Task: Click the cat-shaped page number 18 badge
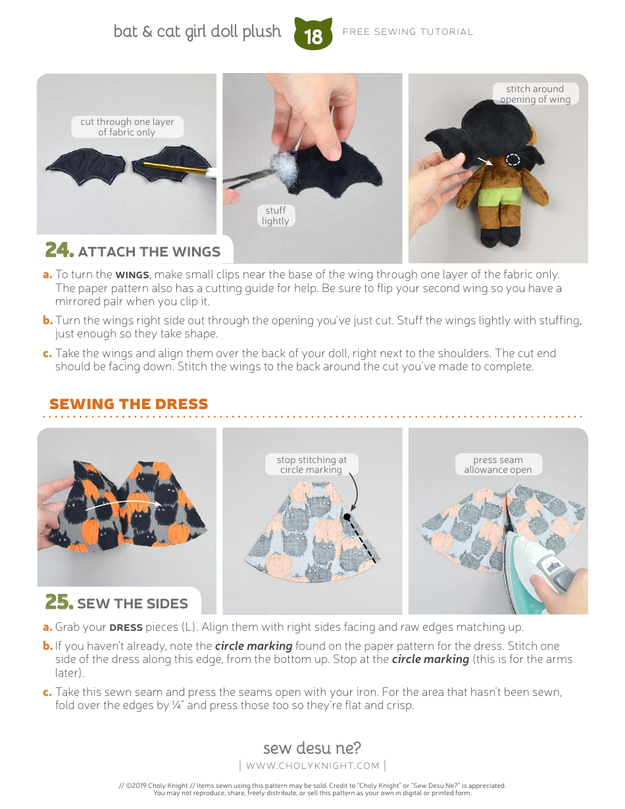(x=313, y=34)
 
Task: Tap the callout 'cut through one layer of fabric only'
(x=127, y=127)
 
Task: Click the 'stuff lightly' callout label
(x=275, y=216)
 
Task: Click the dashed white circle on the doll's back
(x=513, y=160)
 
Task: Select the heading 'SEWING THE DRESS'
(x=128, y=404)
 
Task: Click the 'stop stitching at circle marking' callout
(x=311, y=464)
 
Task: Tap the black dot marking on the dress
(x=346, y=518)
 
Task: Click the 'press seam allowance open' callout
(x=497, y=464)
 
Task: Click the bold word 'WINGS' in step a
(x=132, y=275)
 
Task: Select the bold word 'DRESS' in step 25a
(x=126, y=627)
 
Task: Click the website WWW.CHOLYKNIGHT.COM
(x=312, y=766)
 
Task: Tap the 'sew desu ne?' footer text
(x=312, y=748)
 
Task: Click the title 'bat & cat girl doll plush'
(x=197, y=32)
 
